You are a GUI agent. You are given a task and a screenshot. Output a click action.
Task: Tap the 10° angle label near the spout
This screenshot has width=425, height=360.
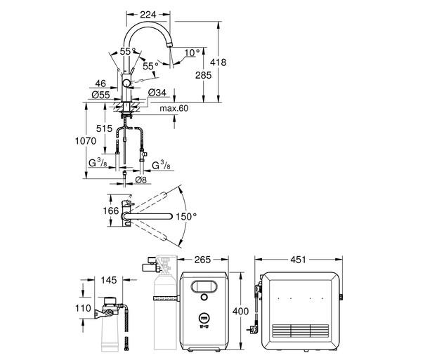coord(191,51)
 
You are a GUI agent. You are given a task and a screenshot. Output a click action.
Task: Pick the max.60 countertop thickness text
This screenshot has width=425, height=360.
coord(174,108)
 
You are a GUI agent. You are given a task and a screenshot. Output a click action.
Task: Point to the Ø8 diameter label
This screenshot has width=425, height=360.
coord(140,179)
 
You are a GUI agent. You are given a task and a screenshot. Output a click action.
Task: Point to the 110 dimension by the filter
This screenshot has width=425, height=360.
coord(84,309)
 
